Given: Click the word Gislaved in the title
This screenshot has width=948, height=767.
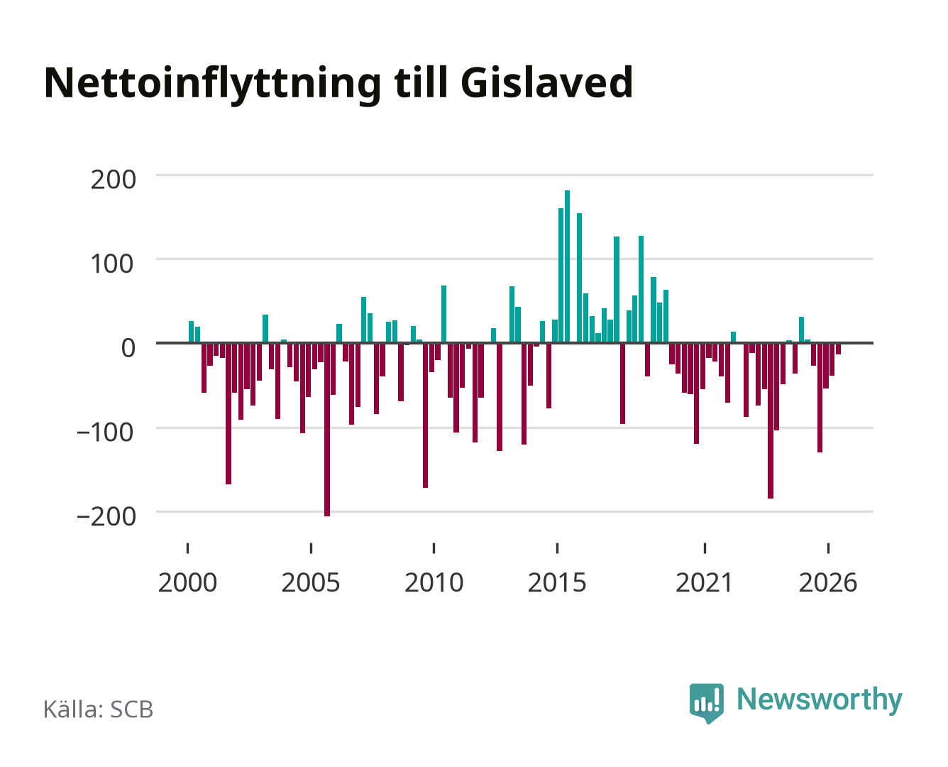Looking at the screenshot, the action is (x=546, y=82).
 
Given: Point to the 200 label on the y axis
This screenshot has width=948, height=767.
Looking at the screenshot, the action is (x=113, y=180).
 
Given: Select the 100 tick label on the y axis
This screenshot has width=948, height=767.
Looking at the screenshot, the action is (x=112, y=263).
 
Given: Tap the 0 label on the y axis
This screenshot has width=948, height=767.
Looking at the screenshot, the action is (x=128, y=348).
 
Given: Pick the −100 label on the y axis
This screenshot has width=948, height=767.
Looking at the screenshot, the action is (x=106, y=432).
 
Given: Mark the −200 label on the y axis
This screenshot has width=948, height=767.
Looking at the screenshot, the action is (x=106, y=516).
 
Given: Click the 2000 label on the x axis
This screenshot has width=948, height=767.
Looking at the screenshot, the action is (x=187, y=582).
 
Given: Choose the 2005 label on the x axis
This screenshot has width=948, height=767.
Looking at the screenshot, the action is (x=311, y=582).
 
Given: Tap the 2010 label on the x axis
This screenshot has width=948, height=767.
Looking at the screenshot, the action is (x=434, y=582).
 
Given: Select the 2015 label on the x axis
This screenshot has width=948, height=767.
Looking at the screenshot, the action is (x=557, y=582).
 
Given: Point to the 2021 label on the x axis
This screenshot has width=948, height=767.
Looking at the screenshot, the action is (x=704, y=582).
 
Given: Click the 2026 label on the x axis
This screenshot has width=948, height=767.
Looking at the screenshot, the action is (x=828, y=582).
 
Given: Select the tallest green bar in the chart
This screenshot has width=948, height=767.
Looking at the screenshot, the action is (x=567, y=266).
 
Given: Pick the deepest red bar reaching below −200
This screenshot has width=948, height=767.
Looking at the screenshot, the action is (x=327, y=430).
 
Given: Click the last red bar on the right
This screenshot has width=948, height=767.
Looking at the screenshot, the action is (x=838, y=349).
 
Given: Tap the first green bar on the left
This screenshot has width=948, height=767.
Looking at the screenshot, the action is (x=191, y=332).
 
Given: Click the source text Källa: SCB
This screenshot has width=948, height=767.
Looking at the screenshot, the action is (x=98, y=709).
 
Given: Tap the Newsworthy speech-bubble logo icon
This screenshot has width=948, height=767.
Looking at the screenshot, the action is (x=706, y=703).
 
